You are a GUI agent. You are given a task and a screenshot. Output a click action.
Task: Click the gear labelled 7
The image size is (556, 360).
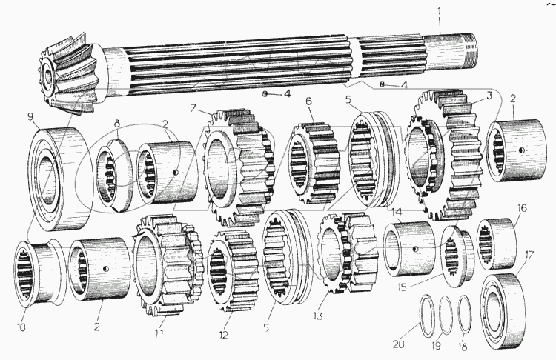(x=236, y=166)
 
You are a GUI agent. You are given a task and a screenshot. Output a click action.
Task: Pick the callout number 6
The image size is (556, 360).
(x=309, y=101)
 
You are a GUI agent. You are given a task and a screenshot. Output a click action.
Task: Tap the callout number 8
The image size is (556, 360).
(x=116, y=122)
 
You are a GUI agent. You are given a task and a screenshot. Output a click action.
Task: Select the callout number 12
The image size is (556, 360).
(x=222, y=335)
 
